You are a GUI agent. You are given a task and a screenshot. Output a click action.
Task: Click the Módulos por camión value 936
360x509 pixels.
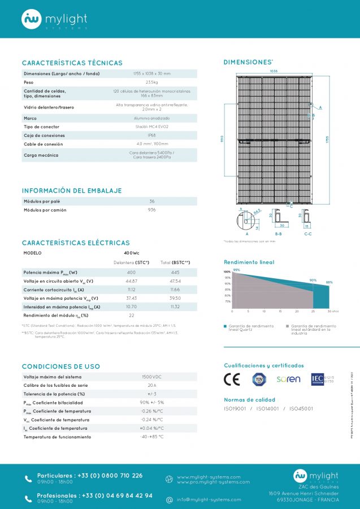point(152,210)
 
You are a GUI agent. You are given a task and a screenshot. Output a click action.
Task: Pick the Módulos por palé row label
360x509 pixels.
point(42,201)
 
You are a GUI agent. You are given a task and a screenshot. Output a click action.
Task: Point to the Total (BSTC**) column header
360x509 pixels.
point(175,262)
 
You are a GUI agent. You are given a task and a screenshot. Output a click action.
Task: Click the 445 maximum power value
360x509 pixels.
point(175,273)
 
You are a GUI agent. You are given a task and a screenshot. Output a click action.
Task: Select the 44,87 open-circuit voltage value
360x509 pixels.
point(131,281)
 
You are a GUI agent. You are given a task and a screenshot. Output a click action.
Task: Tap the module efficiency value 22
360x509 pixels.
point(131,315)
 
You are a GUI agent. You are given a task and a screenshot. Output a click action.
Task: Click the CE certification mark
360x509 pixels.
point(232,379)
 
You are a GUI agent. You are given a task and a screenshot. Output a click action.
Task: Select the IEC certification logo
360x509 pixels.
point(317,379)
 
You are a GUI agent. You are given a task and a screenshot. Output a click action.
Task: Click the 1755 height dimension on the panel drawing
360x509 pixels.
point(327,139)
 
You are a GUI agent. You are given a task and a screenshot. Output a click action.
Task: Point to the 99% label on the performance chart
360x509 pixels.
point(236,270)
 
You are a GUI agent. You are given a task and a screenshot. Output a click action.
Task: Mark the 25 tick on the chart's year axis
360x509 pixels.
point(313,312)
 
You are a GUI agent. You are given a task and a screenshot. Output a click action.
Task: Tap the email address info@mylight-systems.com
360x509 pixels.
point(209,499)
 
